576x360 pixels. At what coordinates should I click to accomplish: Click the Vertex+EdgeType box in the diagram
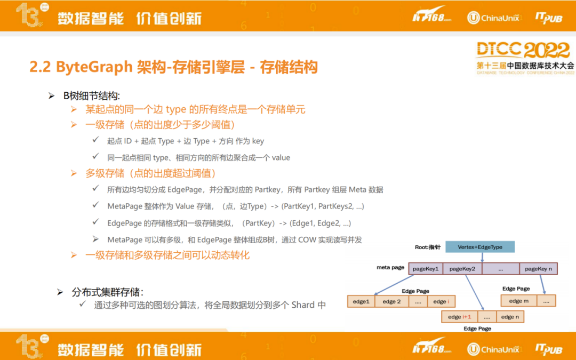480,247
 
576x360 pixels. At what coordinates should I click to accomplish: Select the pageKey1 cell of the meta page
426,268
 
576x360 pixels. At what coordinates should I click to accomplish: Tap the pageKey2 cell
462,268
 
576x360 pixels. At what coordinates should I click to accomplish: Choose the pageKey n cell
538,268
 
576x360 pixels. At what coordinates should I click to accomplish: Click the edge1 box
361,301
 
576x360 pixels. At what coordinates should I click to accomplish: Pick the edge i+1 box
460,317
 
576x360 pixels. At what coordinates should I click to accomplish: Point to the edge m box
519,301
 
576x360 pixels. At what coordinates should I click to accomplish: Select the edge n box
510,317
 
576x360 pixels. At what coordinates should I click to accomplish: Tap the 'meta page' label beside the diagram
390,267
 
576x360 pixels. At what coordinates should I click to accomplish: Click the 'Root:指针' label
428,247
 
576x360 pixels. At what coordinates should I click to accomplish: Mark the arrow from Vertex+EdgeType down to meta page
482,258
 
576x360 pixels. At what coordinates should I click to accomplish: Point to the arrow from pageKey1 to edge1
394,285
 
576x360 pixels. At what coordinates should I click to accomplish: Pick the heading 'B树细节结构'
92,96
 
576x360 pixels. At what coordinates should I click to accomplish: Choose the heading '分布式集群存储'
107,292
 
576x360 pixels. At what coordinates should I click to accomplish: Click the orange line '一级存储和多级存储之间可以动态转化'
167,255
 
